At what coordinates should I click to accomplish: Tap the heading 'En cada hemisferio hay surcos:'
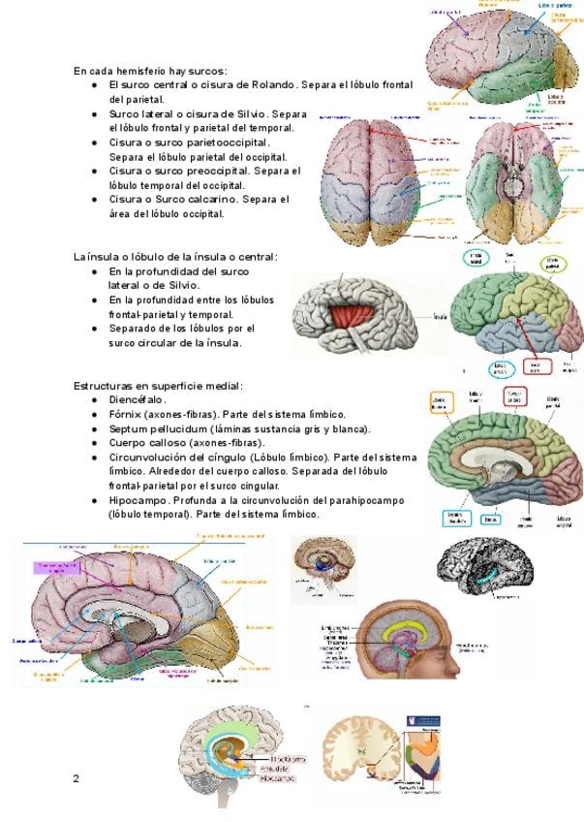[150, 71]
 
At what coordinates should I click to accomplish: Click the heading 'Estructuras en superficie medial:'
[158, 385]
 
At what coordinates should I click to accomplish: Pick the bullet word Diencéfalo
[138, 399]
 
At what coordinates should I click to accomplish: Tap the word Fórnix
[127, 414]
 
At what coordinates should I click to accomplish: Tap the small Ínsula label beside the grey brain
[440, 315]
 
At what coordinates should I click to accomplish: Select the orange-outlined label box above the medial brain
[515, 395]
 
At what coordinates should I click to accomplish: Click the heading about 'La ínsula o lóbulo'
[175, 257]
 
